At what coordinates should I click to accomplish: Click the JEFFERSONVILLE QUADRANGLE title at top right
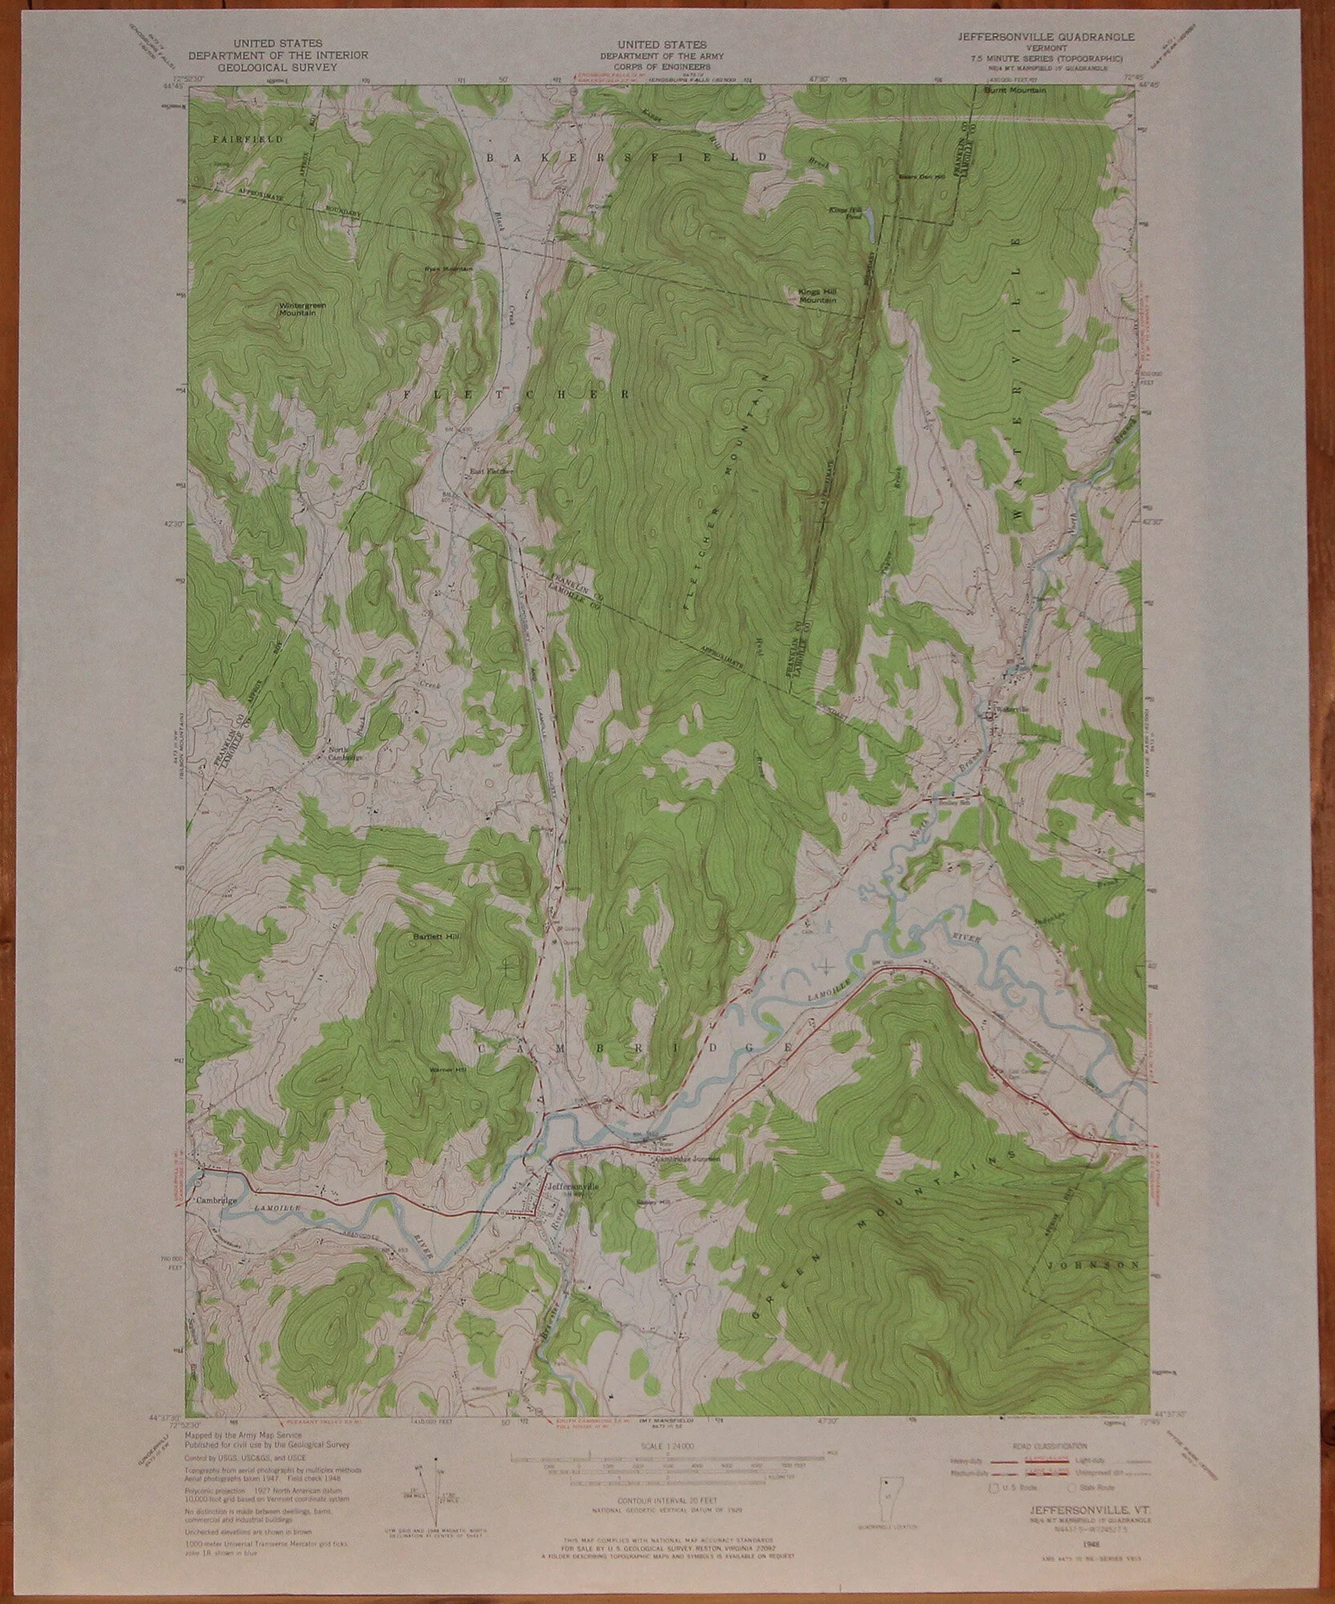tap(1043, 37)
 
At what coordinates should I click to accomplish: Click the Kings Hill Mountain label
tap(817, 295)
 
